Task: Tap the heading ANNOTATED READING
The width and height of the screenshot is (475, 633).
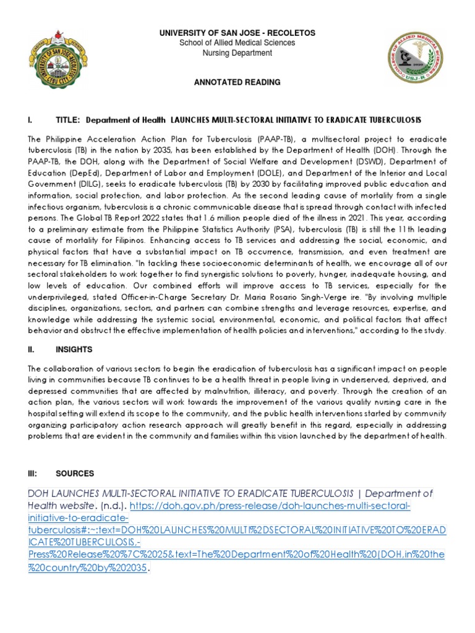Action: click(x=237, y=82)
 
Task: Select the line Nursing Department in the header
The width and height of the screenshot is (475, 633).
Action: click(x=237, y=53)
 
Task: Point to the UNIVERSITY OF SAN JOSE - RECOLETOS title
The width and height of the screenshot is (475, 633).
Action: click(x=237, y=32)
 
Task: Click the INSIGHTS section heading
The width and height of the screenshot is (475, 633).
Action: click(x=74, y=349)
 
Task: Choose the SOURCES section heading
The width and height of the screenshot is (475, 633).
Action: click(x=75, y=474)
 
